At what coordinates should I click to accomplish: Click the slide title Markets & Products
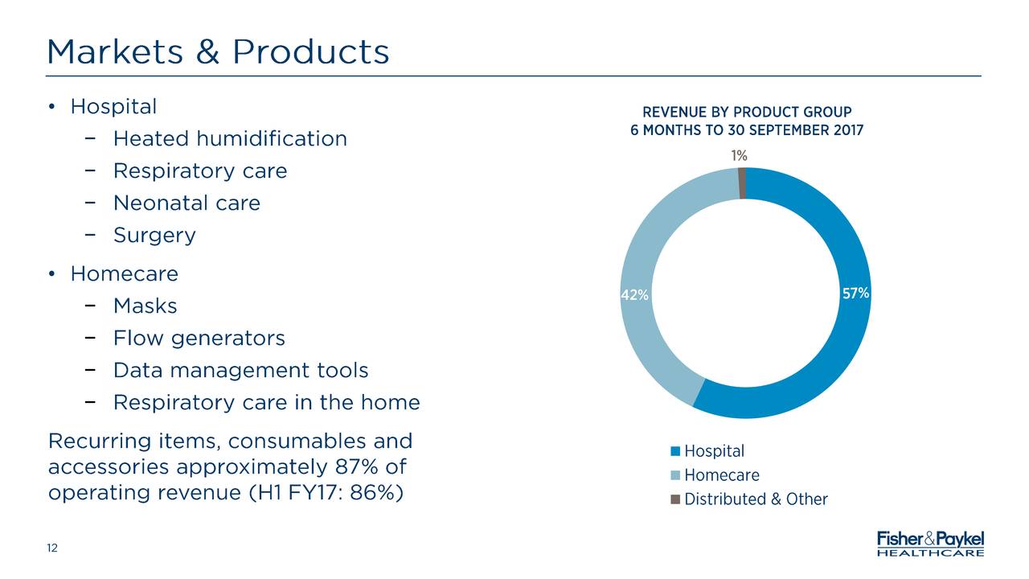click(x=218, y=52)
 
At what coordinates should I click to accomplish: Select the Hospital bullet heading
click(x=113, y=106)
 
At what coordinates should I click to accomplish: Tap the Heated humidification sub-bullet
click(x=230, y=139)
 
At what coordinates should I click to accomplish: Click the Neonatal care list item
click(x=187, y=203)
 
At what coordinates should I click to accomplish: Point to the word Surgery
click(x=154, y=236)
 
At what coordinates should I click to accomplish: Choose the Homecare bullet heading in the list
click(x=124, y=274)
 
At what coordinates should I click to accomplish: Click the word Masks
click(x=145, y=306)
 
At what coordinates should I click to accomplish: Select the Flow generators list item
click(x=199, y=339)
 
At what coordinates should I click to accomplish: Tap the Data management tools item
click(x=240, y=371)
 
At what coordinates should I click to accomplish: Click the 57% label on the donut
click(x=855, y=294)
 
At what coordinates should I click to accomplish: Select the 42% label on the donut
click(x=634, y=295)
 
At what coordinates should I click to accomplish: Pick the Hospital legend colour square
click(x=675, y=451)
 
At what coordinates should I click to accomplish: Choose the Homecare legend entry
click(x=721, y=475)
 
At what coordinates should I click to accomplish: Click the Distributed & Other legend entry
click(x=755, y=499)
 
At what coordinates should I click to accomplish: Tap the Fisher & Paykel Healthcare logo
click(x=929, y=543)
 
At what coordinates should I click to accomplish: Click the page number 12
click(x=52, y=548)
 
